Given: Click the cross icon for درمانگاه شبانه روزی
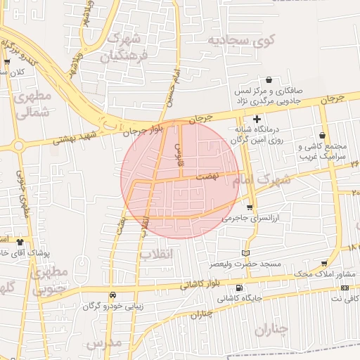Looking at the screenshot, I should (257, 120).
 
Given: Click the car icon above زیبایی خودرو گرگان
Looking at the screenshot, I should (113, 295).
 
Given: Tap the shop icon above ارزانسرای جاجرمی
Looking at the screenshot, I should (250, 207).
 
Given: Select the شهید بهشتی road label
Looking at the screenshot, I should (75, 139).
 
